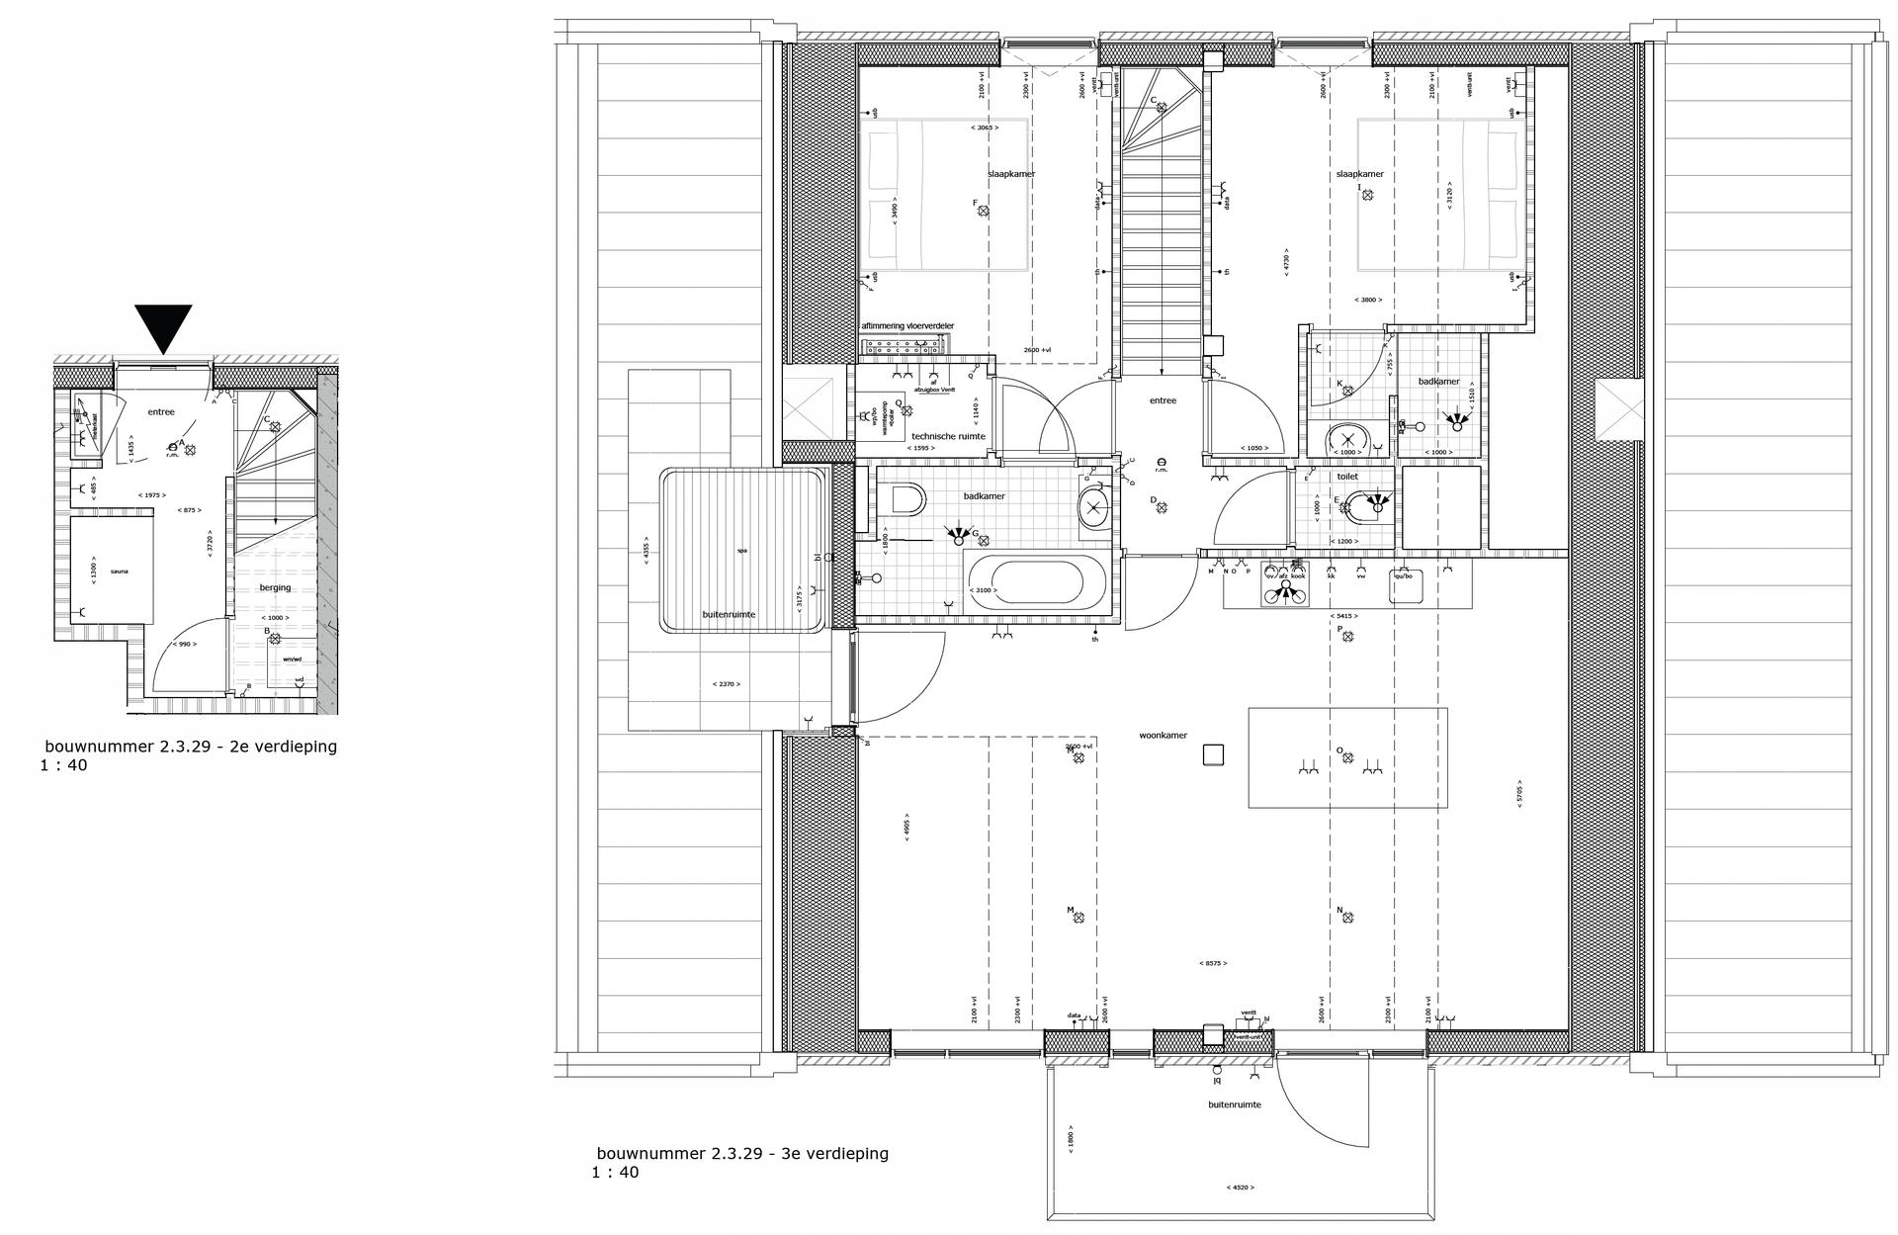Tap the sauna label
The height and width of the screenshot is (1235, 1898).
tap(119, 572)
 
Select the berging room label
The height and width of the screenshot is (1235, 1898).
tap(275, 587)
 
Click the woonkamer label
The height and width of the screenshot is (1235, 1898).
tap(1163, 736)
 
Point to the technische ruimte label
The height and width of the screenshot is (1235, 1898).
tap(948, 436)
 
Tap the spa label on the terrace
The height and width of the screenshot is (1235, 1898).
tap(741, 551)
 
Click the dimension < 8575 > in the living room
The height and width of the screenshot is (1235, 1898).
tap(1213, 962)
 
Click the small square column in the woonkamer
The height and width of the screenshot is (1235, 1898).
tap(1213, 755)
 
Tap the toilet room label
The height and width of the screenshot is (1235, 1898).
tap(1347, 477)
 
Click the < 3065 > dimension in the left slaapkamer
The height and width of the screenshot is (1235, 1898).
tap(984, 128)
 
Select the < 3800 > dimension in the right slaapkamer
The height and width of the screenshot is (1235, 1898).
tap(1368, 300)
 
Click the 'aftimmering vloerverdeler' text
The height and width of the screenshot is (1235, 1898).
tap(907, 326)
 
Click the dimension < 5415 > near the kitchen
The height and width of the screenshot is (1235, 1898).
tap(1344, 615)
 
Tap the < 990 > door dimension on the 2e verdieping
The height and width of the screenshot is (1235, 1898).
tap(183, 644)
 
